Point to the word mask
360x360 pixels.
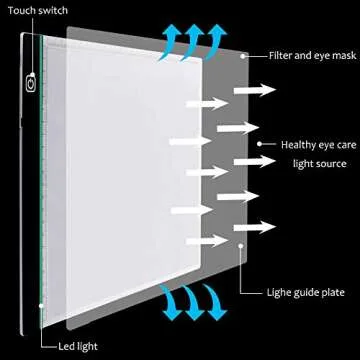click(343, 56)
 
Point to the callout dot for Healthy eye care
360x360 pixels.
click(260, 144)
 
